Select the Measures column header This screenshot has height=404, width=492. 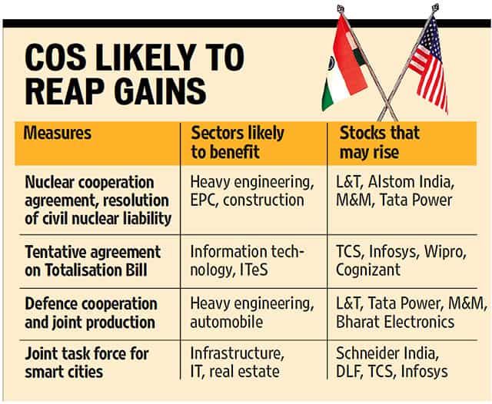(x=58, y=133)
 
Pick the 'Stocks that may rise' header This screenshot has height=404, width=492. (x=380, y=142)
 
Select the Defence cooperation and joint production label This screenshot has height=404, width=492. (x=90, y=312)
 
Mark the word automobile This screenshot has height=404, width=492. (x=226, y=321)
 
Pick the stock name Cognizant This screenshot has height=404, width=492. (x=368, y=270)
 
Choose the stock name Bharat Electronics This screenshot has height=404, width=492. (x=394, y=321)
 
